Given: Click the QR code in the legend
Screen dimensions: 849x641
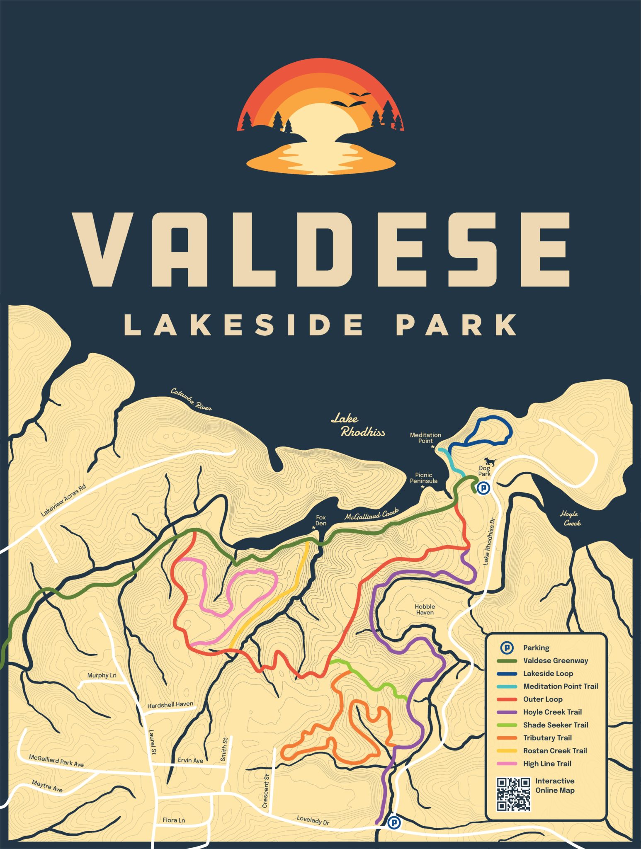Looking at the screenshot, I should click(514, 794).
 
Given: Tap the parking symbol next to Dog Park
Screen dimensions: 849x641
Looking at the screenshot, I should click(483, 488).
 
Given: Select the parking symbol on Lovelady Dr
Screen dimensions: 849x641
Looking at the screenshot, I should click(393, 822).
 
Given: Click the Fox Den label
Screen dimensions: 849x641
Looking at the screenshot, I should click(321, 520).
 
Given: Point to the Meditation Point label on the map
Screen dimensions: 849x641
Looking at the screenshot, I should click(425, 438).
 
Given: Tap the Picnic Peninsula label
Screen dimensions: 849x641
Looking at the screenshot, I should click(423, 478).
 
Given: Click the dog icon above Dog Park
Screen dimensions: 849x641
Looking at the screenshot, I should click(489, 461).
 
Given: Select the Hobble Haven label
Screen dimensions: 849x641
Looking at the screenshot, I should click(425, 609).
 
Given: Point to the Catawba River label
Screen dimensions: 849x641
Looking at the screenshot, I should click(191, 399).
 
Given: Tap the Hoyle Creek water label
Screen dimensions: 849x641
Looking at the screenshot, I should click(571, 519).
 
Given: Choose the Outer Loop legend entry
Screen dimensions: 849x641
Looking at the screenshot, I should click(542, 699).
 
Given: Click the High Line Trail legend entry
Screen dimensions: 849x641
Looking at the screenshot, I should click(546, 764).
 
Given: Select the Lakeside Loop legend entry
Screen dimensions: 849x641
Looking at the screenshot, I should click(548, 674).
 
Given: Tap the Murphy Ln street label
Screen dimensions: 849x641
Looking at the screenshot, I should click(102, 675).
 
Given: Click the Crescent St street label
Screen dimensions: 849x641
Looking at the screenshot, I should click(266, 791).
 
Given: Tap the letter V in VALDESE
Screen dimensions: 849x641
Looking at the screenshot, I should click(103, 250).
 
